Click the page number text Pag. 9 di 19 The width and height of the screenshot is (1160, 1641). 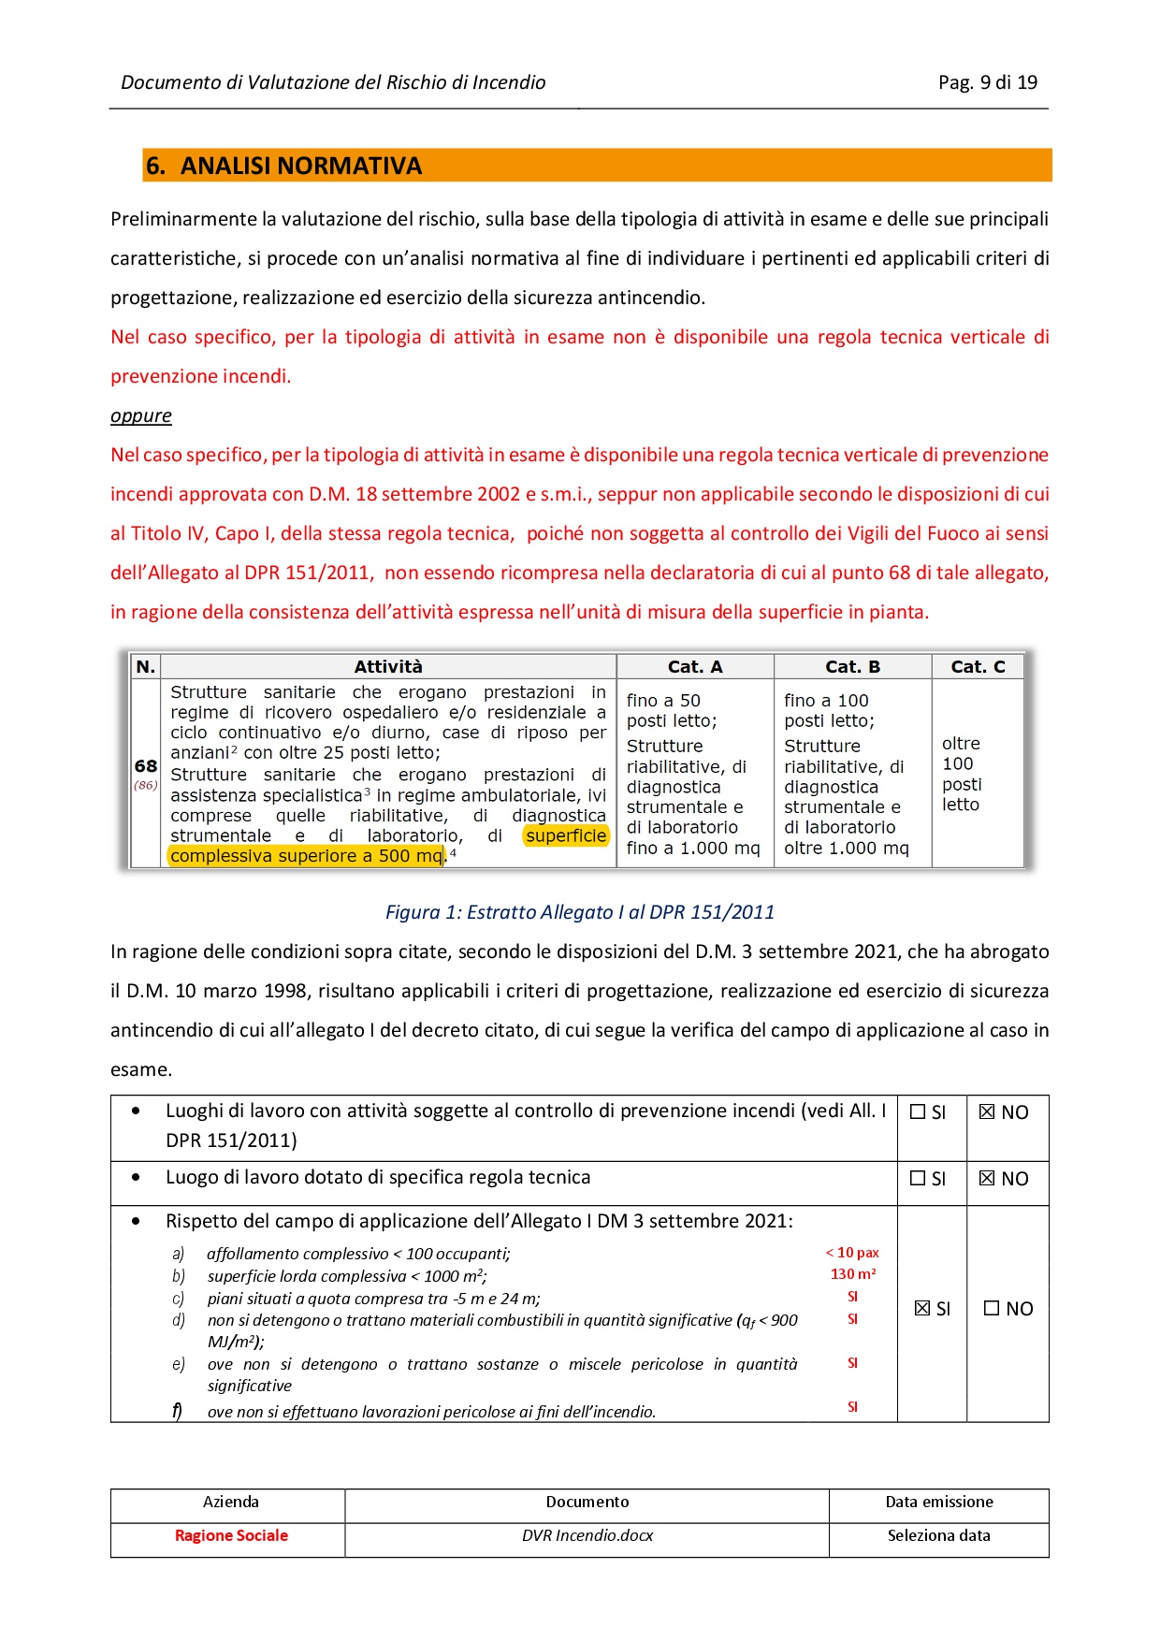pyautogui.click(x=987, y=82)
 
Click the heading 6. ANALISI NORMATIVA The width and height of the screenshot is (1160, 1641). pyautogui.click(x=283, y=166)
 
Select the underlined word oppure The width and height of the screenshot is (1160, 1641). pyautogui.click(x=141, y=415)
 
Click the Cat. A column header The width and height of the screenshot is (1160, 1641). pyautogui.click(x=694, y=666)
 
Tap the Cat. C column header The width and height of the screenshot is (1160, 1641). pyautogui.click(x=977, y=666)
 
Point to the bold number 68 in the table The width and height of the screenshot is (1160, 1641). pyautogui.click(x=146, y=765)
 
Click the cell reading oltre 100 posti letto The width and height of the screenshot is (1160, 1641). pyautogui.click(x=962, y=774)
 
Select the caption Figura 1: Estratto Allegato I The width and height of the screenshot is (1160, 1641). pyautogui.click(x=579, y=912)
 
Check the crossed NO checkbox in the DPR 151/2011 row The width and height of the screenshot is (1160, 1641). pyautogui.click(x=987, y=1112)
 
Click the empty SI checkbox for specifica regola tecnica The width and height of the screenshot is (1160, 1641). pyautogui.click(x=918, y=1179)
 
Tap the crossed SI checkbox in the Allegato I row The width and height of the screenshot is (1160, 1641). pyautogui.click(x=922, y=1309)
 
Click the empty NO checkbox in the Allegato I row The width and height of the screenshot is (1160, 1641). pyautogui.click(x=992, y=1309)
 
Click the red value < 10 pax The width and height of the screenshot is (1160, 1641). pyautogui.click(x=852, y=1253)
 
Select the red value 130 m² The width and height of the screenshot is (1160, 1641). pyautogui.click(x=852, y=1274)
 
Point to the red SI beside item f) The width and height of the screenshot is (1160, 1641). pyautogui.click(x=852, y=1407)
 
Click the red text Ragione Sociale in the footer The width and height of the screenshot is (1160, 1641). pyautogui.click(x=231, y=1535)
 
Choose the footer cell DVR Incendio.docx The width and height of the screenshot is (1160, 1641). pyautogui.click(x=587, y=1535)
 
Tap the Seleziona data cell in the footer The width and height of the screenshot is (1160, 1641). pyautogui.click(x=938, y=1535)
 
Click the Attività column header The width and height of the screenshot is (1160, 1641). pyautogui.click(x=387, y=666)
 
